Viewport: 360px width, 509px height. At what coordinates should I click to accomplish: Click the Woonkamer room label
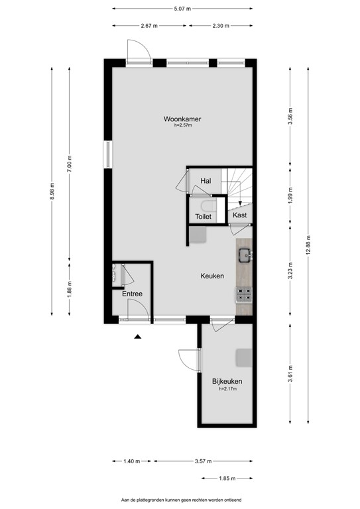[182, 119]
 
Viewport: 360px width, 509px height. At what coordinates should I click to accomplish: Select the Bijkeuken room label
[227, 382]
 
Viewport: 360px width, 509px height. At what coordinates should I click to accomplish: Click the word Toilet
[203, 217]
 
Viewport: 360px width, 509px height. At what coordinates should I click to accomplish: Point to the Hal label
[206, 180]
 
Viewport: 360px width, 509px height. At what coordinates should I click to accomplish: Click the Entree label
[132, 294]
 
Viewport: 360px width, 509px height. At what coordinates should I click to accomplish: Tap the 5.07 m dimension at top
[182, 9]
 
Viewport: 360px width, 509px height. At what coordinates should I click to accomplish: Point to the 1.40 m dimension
[132, 461]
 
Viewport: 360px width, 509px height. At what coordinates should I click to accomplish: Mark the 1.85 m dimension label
[226, 478]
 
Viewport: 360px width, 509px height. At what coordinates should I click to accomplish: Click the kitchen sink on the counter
[245, 253]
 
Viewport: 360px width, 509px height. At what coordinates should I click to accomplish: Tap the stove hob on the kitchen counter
[244, 296]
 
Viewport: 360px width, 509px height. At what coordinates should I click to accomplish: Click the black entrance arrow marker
[137, 337]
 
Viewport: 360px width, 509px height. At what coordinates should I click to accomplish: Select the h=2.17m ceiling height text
[227, 389]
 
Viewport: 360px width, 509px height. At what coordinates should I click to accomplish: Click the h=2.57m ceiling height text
[182, 126]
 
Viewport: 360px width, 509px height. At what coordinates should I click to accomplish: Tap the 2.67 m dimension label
[149, 26]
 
